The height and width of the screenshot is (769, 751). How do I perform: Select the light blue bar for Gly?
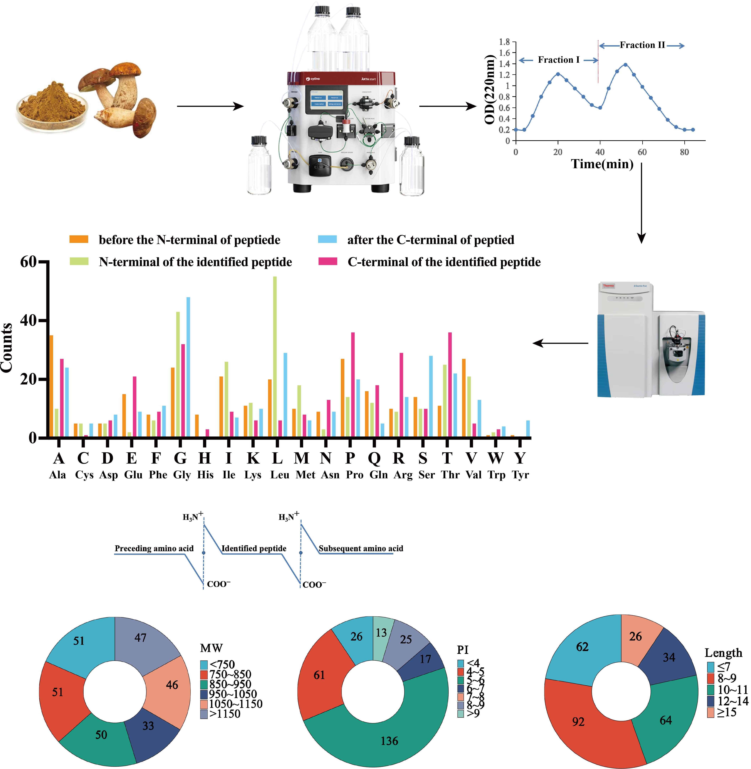point(188,367)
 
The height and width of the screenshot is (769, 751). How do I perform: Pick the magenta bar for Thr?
point(450,385)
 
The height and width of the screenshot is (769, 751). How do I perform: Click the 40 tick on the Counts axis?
point(28,320)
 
